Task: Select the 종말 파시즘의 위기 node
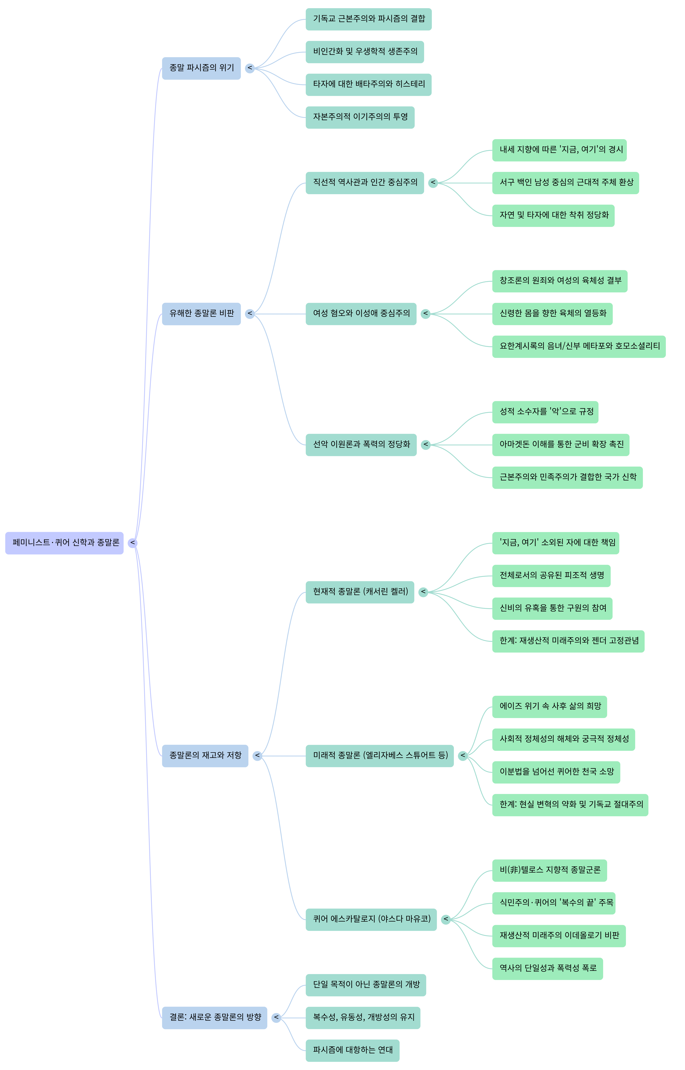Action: (201, 68)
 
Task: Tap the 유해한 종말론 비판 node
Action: (201, 314)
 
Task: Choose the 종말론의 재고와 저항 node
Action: (205, 756)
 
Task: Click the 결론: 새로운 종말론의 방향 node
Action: (214, 1017)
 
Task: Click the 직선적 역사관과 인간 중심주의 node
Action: (365, 183)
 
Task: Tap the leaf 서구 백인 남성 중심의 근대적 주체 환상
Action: (565, 183)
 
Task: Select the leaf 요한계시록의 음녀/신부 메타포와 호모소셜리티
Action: (579, 346)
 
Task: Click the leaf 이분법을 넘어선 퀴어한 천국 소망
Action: (556, 772)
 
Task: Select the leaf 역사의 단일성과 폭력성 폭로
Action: (548, 969)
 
